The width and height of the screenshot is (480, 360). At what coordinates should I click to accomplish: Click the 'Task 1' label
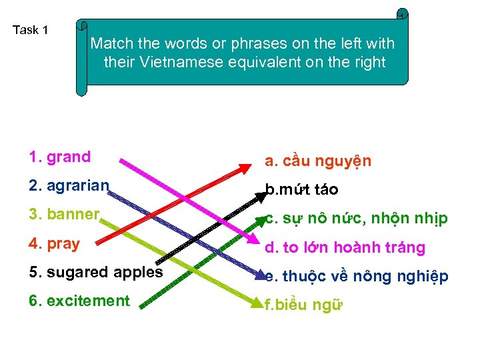(x=31, y=30)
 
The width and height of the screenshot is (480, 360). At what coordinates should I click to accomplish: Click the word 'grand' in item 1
(x=69, y=157)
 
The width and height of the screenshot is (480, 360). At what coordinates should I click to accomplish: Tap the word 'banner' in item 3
(x=74, y=215)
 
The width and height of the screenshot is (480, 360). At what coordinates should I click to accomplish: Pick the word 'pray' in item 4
(x=63, y=243)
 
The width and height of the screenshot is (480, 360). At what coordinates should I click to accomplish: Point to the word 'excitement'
(x=88, y=301)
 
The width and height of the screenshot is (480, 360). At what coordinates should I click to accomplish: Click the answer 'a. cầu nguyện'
(x=318, y=161)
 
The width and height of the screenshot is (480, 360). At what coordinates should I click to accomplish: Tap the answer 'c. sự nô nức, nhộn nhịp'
(x=356, y=219)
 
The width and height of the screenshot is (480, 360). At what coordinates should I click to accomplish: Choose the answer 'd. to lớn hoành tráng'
(x=345, y=248)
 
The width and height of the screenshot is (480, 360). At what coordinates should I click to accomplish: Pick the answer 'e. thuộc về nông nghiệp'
(x=356, y=277)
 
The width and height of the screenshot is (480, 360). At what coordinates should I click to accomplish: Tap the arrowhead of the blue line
(x=261, y=275)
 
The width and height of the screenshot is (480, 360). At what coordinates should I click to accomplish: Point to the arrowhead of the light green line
(x=261, y=305)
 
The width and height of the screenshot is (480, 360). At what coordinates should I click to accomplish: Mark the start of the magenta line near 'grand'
(x=120, y=160)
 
